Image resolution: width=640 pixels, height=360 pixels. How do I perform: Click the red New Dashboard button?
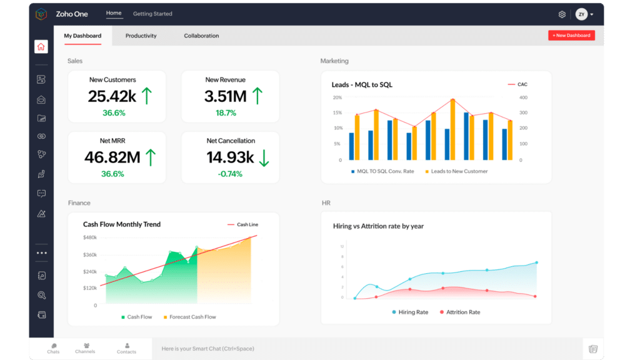click(571, 36)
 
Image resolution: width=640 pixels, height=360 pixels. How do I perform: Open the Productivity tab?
click(141, 36)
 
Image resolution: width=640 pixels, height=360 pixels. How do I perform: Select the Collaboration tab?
click(201, 36)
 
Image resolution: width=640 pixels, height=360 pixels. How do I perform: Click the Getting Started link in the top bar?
click(152, 14)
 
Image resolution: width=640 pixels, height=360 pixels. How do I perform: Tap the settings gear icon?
click(562, 14)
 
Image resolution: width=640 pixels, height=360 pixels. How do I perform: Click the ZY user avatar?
click(581, 14)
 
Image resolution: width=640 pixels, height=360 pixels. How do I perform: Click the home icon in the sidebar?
click(41, 47)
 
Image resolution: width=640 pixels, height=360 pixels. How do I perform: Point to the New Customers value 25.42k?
click(112, 96)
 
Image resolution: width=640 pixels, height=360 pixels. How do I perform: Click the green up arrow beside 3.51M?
click(257, 96)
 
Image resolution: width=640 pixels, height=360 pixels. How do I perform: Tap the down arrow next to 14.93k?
click(264, 157)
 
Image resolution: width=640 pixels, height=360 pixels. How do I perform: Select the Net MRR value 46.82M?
click(112, 157)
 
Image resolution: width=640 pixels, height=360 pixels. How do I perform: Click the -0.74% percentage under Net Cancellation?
click(230, 174)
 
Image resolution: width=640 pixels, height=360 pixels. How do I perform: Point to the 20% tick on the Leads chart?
click(337, 97)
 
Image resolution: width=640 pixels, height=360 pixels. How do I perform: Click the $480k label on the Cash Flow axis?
click(89, 237)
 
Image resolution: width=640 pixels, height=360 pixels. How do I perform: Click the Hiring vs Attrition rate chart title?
click(378, 226)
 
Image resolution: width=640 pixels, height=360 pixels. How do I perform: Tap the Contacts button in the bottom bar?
click(126, 348)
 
